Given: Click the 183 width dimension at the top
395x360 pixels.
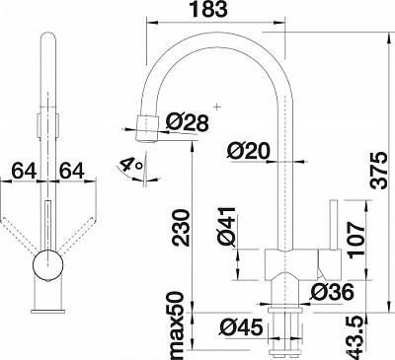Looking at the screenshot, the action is (209, 9).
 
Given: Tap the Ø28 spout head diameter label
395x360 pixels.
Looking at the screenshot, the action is (188, 122).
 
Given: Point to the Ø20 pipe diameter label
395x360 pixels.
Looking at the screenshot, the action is (249, 152).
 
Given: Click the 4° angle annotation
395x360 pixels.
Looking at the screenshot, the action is (131, 165).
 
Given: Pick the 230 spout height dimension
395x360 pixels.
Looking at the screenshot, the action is (181, 229).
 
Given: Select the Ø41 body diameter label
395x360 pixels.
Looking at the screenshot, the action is (226, 227).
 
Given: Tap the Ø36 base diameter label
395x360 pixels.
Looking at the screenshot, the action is (333, 292).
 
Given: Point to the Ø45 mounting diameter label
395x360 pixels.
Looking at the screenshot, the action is (241, 327).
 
